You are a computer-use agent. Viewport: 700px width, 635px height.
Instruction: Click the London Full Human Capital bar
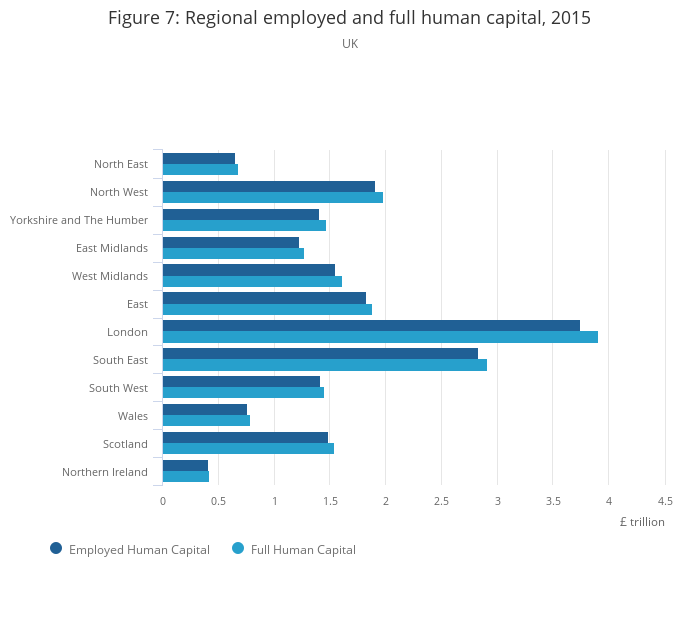[x=380, y=337]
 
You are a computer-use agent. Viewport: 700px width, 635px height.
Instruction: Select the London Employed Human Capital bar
[x=371, y=326]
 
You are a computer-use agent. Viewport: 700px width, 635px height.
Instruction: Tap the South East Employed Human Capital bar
[x=320, y=354]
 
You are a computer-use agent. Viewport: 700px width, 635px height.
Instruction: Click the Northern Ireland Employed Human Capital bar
[x=185, y=466]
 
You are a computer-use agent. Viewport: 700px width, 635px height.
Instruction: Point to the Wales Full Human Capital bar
[x=206, y=421]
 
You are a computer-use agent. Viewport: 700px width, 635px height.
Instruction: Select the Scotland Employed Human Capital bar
[x=245, y=438]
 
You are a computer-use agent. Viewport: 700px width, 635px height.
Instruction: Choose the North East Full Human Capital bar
[x=200, y=169]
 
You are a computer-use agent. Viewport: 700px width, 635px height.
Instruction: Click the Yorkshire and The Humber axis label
[x=79, y=220]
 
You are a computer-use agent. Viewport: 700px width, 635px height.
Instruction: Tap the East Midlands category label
[x=112, y=248]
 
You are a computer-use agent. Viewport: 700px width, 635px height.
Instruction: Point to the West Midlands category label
[x=110, y=276]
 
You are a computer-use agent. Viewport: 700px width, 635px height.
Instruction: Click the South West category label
[x=118, y=388]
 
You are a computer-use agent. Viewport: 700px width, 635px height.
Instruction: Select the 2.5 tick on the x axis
[x=441, y=500]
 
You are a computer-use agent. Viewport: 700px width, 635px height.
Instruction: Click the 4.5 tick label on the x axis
[x=664, y=500]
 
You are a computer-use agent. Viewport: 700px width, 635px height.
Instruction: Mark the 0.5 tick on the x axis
[x=218, y=500]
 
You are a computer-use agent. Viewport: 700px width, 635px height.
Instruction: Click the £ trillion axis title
[x=641, y=522]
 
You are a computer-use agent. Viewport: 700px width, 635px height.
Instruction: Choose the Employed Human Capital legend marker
[x=56, y=548]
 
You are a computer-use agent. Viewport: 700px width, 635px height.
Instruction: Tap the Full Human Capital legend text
[x=303, y=549]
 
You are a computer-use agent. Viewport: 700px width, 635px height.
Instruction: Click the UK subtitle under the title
[x=350, y=44]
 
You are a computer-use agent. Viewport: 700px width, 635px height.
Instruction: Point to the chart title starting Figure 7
[x=349, y=18]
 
